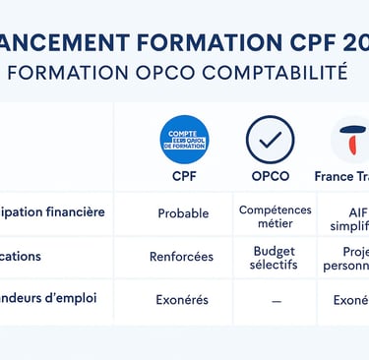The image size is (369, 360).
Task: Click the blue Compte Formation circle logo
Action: click(x=184, y=140)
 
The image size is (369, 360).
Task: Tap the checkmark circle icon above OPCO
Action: click(x=270, y=140)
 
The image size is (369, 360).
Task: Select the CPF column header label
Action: click(x=184, y=177)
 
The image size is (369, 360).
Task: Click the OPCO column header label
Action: click(x=270, y=177)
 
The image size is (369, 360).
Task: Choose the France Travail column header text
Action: click(x=341, y=177)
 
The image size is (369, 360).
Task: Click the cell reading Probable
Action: click(x=183, y=212)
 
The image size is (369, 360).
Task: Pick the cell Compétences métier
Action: click(x=275, y=216)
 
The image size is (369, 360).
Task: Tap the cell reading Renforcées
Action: click(x=181, y=256)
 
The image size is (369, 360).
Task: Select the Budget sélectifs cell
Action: click(x=274, y=258)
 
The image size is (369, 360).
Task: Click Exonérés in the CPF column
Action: click(x=182, y=299)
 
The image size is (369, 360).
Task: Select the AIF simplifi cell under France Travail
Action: click(x=350, y=216)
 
